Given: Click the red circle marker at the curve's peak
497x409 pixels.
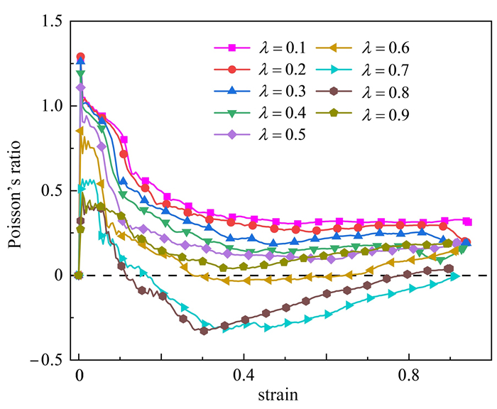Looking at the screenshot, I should (80, 57).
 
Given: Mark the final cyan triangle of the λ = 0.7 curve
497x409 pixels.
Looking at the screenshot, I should (454, 277).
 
